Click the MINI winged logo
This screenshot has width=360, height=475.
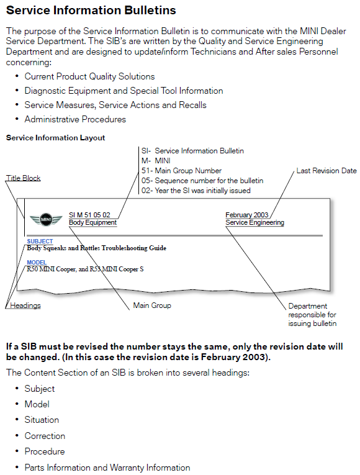pyautogui.click(x=46, y=219)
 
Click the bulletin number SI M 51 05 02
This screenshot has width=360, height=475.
pyautogui.click(x=89, y=215)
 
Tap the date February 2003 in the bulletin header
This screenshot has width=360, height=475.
pyautogui.click(x=247, y=215)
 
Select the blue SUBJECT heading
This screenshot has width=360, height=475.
pyautogui.click(x=40, y=241)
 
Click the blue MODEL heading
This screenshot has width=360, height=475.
pyautogui.click(x=37, y=263)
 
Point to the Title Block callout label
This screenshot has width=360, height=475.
pyautogui.click(x=24, y=178)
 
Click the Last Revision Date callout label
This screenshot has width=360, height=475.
pyautogui.click(x=326, y=171)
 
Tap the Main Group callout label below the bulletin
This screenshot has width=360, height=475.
pyautogui.click(x=152, y=305)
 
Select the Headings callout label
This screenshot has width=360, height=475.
pyautogui.click(x=25, y=305)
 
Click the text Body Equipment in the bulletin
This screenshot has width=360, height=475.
pyautogui.click(x=92, y=222)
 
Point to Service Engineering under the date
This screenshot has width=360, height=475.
pyautogui.click(x=254, y=222)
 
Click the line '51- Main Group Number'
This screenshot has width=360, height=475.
pyautogui.click(x=181, y=171)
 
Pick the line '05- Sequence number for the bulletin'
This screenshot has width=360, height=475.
pyautogui.click(x=202, y=181)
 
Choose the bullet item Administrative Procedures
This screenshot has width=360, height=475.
pyautogui.click(x=75, y=119)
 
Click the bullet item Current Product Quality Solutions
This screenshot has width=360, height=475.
pyautogui.click(x=89, y=76)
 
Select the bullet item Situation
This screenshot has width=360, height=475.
pyautogui.click(x=42, y=420)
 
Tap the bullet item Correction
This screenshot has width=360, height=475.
pyautogui.click(x=45, y=436)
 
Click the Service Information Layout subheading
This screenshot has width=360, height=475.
pyautogui.click(x=55, y=138)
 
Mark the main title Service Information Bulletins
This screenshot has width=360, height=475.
pyautogui.click(x=91, y=11)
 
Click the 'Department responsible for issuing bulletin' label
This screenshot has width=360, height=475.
pyautogui.click(x=312, y=315)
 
